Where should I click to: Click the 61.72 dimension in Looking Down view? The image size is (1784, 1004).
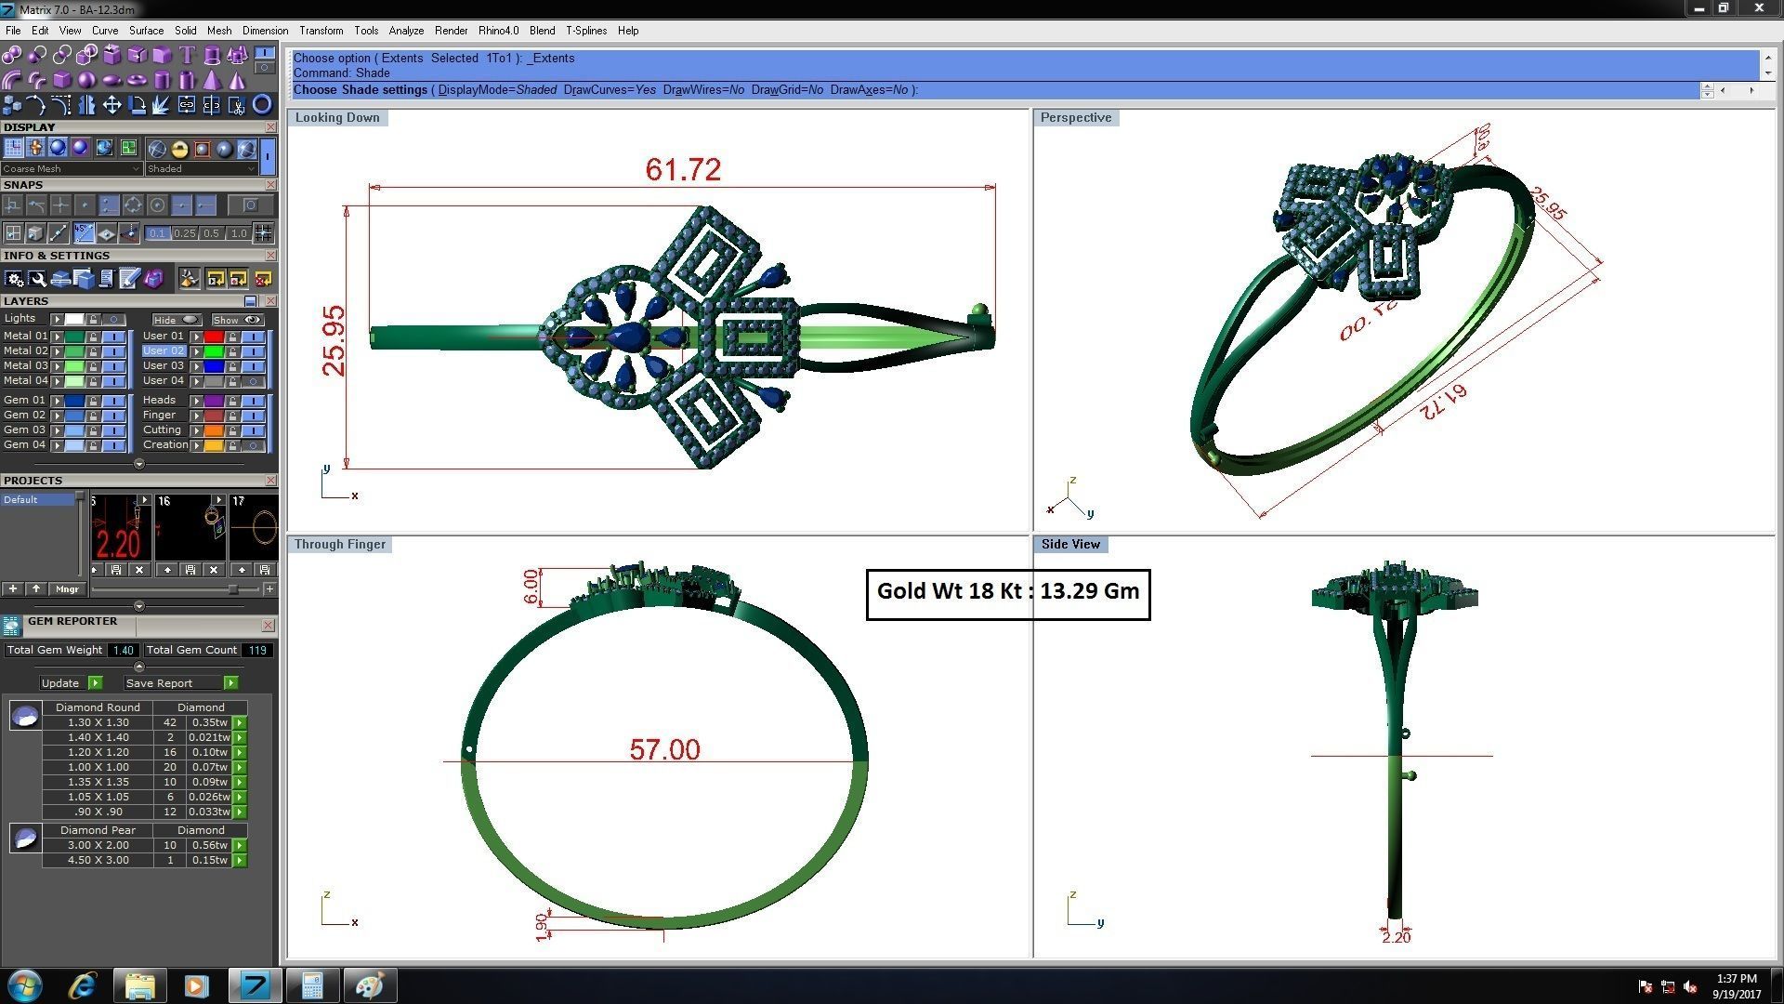coord(683,170)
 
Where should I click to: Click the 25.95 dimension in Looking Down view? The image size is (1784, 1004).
coord(334,340)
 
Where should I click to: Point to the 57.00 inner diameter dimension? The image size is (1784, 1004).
coord(664,749)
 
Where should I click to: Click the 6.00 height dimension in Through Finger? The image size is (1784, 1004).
coord(531,587)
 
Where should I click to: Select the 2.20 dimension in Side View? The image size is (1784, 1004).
coord(1396,937)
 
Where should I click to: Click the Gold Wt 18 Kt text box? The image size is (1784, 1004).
coord(1008,592)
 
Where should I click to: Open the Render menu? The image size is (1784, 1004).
coord(451,31)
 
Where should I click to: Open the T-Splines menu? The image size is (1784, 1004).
coord(585,31)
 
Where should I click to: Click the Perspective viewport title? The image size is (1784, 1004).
coord(1075,117)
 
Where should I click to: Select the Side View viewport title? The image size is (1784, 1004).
coord(1069,544)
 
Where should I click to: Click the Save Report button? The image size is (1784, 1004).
coord(159,683)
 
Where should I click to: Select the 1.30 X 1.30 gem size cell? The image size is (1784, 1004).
coord(98,722)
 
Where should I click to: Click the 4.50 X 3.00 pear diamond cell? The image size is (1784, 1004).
coord(98,860)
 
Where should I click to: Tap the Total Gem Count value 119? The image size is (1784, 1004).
coord(257,651)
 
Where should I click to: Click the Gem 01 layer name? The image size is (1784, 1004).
coord(24,400)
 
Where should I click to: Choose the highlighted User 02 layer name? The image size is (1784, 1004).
coord(164,350)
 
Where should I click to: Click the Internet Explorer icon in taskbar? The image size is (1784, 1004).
coord(83,985)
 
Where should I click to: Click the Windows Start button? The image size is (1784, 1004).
coord(24,985)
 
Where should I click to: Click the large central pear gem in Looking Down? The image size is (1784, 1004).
coord(631,337)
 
